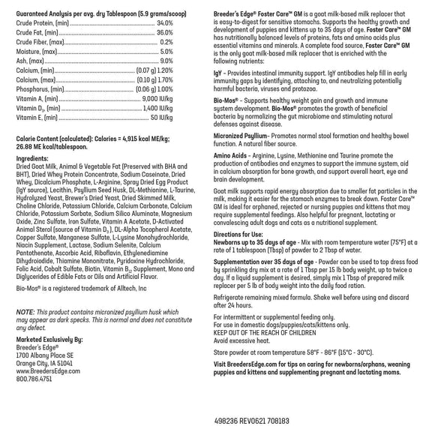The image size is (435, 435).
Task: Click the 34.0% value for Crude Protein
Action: point(165,23)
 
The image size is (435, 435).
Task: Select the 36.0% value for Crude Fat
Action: point(165,33)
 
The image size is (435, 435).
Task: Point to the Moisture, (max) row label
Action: point(36,51)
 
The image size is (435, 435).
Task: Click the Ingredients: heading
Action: point(32,159)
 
